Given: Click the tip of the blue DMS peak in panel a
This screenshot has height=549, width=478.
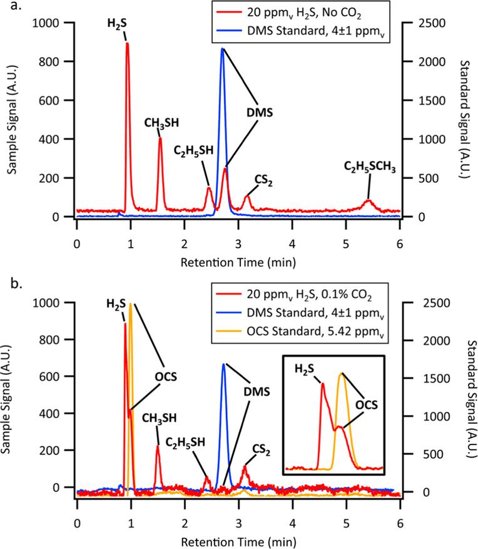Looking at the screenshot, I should coord(222,49).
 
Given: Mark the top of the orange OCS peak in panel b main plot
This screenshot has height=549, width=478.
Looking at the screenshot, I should coord(130,305).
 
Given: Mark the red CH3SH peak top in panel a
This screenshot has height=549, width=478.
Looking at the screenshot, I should coord(160,138).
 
